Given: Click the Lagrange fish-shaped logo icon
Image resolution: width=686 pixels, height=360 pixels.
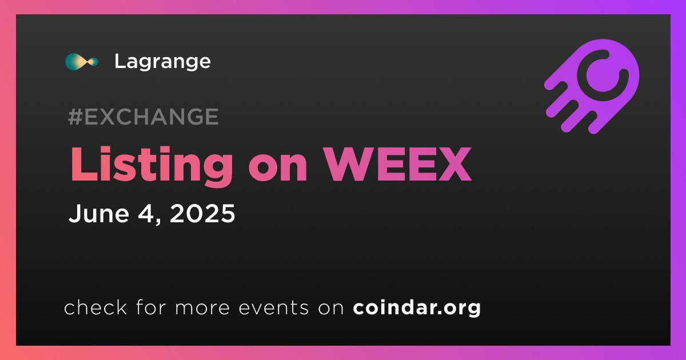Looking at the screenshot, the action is coord(82,62).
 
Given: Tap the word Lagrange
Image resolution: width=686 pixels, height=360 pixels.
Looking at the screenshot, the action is coord(162,62).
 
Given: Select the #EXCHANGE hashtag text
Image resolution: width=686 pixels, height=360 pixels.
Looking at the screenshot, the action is coord(143,117).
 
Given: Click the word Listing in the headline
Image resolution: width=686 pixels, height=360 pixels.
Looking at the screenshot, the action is coord(152,166).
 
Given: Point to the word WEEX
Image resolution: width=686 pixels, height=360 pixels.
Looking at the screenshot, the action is coord(398,165).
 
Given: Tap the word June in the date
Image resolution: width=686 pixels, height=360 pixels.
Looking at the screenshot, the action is coord(98,213).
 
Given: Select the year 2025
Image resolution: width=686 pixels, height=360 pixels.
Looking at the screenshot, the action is coord(202,213).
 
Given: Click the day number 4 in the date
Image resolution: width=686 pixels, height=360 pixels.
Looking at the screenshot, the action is coord(147,213).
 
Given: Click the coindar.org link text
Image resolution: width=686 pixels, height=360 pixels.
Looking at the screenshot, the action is coord(417,307).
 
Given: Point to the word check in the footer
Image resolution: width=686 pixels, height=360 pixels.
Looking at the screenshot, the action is coord(95,307).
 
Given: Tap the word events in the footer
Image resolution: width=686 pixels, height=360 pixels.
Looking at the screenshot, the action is coord(273,307).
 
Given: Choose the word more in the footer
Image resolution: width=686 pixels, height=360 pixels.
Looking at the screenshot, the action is coord(202,308).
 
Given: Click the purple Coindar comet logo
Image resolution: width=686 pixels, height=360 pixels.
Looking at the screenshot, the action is coord(592,86).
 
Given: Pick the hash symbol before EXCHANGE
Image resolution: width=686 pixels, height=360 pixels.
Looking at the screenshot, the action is coord(75,117).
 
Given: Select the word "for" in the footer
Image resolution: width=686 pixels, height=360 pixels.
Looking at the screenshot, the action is coord(151,307).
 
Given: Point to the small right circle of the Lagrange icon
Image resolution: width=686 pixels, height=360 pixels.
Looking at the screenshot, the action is coord(93,62).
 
